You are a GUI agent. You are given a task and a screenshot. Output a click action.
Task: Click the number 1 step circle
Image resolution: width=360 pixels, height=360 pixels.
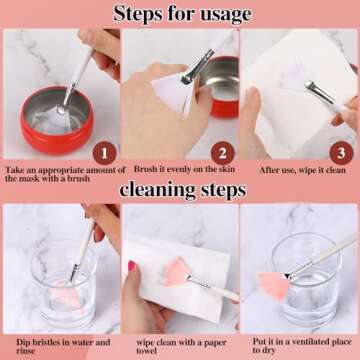tap(104, 153)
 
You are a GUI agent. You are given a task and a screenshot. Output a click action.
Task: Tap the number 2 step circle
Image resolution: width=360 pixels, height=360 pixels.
tap(223, 153)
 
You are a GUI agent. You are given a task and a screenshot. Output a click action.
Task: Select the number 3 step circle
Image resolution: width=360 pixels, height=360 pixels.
tap(341, 153)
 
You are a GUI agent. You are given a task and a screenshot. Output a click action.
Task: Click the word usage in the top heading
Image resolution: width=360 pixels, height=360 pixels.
tap(220, 14)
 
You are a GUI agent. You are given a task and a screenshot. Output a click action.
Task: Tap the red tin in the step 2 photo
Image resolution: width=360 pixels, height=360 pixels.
tap(222, 87)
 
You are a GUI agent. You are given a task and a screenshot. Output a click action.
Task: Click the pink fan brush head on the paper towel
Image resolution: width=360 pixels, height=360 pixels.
tap(176, 272)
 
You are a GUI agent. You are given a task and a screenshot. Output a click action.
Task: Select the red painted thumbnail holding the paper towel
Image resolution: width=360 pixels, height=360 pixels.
tap(132, 266)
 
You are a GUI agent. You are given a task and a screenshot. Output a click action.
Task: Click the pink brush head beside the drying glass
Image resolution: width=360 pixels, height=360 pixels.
tap(273, 286)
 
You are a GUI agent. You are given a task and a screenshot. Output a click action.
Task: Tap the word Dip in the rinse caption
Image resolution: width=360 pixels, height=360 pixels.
tap(23, 342)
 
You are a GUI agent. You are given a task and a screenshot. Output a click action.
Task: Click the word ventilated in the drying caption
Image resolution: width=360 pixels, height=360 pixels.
tap(310, 342)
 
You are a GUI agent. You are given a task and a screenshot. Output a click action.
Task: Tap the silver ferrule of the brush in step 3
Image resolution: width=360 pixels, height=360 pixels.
tap(319, 92)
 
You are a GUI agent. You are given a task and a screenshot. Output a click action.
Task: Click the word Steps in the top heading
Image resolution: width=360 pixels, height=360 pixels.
tap(135, 14)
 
